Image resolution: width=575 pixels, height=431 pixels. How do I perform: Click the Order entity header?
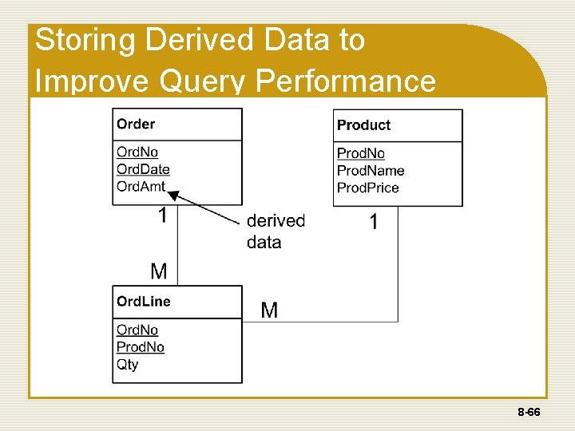coord(136,124)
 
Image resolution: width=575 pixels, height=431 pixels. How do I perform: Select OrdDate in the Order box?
coord(143,169)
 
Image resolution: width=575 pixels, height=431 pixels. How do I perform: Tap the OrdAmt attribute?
coord(141,187)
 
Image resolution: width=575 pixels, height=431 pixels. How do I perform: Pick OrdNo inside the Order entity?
coord(137,152)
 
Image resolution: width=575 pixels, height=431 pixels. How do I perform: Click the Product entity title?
coord(363,125)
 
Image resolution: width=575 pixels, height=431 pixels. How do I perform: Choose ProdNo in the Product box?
coord(361,153)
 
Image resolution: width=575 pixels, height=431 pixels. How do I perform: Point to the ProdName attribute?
coord(371,171)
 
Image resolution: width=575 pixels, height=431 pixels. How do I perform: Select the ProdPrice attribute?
coord(368,188)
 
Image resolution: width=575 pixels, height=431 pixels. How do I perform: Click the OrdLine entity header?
coord(144,302)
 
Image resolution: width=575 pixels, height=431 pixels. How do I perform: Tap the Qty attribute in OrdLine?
coord(127,365)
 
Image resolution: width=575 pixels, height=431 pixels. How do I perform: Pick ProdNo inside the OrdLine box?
coord(141,347)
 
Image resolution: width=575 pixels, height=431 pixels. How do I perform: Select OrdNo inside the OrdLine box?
coord(137,330)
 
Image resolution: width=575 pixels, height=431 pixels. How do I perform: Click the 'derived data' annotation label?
coord(276,231)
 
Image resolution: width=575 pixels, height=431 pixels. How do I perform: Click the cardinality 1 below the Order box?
coord(163,215)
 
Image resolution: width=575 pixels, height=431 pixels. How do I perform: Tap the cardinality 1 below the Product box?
coord(374,222)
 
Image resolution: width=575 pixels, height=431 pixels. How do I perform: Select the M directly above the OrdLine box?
coord(159,271)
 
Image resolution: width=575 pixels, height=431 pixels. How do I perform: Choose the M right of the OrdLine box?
coord(270,310)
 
